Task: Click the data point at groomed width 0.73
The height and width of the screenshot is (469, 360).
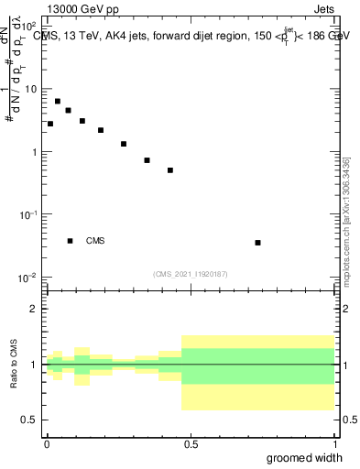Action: (258, 243)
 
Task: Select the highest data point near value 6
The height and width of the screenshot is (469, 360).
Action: (58, 102)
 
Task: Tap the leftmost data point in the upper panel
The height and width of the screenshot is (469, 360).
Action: (50, 124)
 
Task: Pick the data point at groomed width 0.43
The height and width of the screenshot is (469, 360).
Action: (170, 170)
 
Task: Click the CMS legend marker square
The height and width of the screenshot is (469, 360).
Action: (71, 241)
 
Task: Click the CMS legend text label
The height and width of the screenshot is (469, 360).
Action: (95, 241)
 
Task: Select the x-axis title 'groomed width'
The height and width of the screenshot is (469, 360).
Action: (305, 457)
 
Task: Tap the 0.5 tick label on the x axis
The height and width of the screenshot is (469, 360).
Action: (190, 442)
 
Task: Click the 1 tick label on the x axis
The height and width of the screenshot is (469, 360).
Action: (335, 442)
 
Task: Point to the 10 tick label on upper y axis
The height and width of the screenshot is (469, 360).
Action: (29, 89)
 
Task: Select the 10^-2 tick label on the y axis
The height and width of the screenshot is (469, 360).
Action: (27, 277)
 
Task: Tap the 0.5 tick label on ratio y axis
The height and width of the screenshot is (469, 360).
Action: (29, 420)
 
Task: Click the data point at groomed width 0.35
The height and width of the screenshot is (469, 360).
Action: (147, 160)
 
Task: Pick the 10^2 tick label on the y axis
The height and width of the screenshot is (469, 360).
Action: (28, 26)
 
